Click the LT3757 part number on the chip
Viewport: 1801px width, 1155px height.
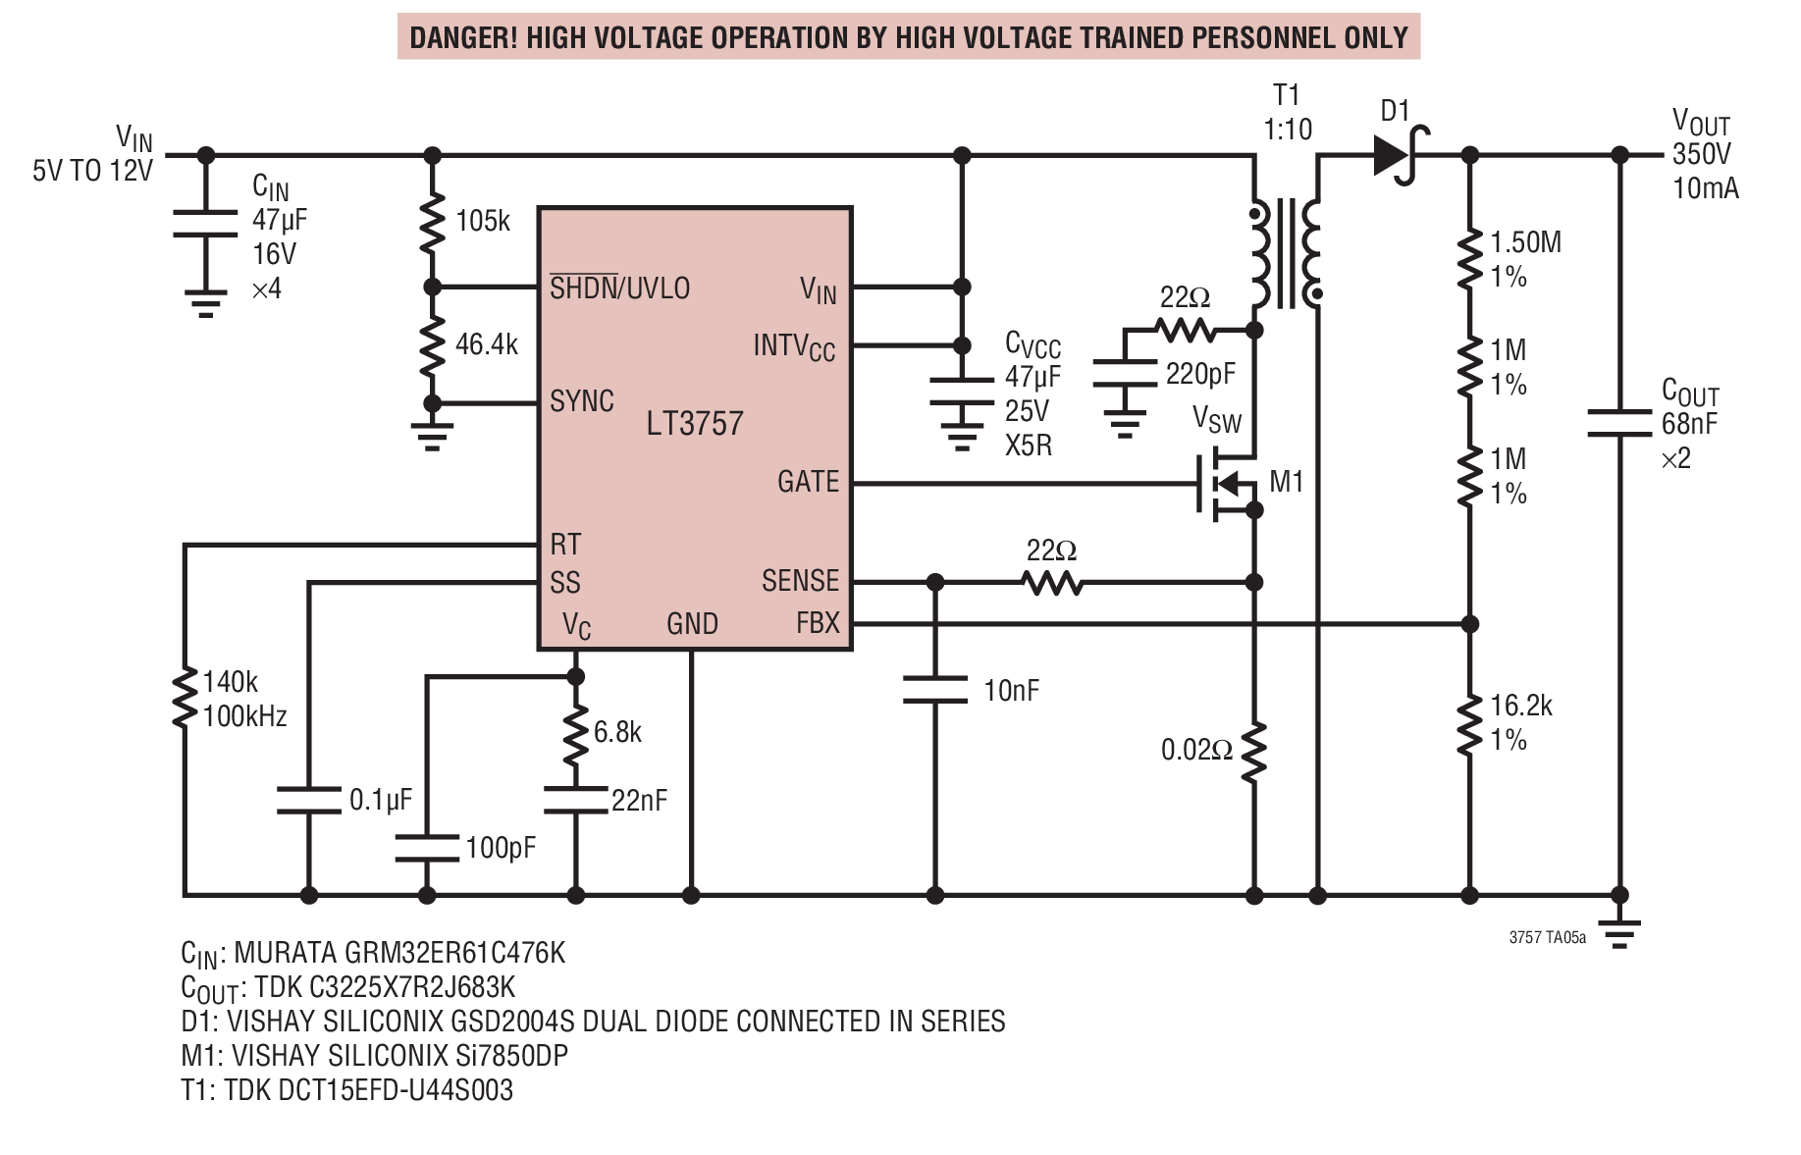(x=695, y=424)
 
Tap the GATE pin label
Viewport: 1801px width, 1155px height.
(x=808, y=482)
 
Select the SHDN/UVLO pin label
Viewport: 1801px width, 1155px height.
(x=619, y=288)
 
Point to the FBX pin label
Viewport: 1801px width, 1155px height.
(x=818, y=623)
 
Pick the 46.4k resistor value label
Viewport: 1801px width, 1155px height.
(x=487, y=344)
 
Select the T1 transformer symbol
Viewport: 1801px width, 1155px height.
(x=1286, y=253)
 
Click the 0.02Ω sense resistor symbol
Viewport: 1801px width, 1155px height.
(x=1253, y=753)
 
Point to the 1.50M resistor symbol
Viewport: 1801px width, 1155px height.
(x=1469, y=260)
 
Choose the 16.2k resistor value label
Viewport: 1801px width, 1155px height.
(x=1521, y=706)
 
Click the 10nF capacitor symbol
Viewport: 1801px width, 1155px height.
(x=934, y=690)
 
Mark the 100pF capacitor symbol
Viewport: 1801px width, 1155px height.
(x=427, y=849)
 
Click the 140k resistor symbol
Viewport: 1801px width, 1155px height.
(x=185, y=699)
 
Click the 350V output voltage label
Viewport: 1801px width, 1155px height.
(x=1702, y=154)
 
